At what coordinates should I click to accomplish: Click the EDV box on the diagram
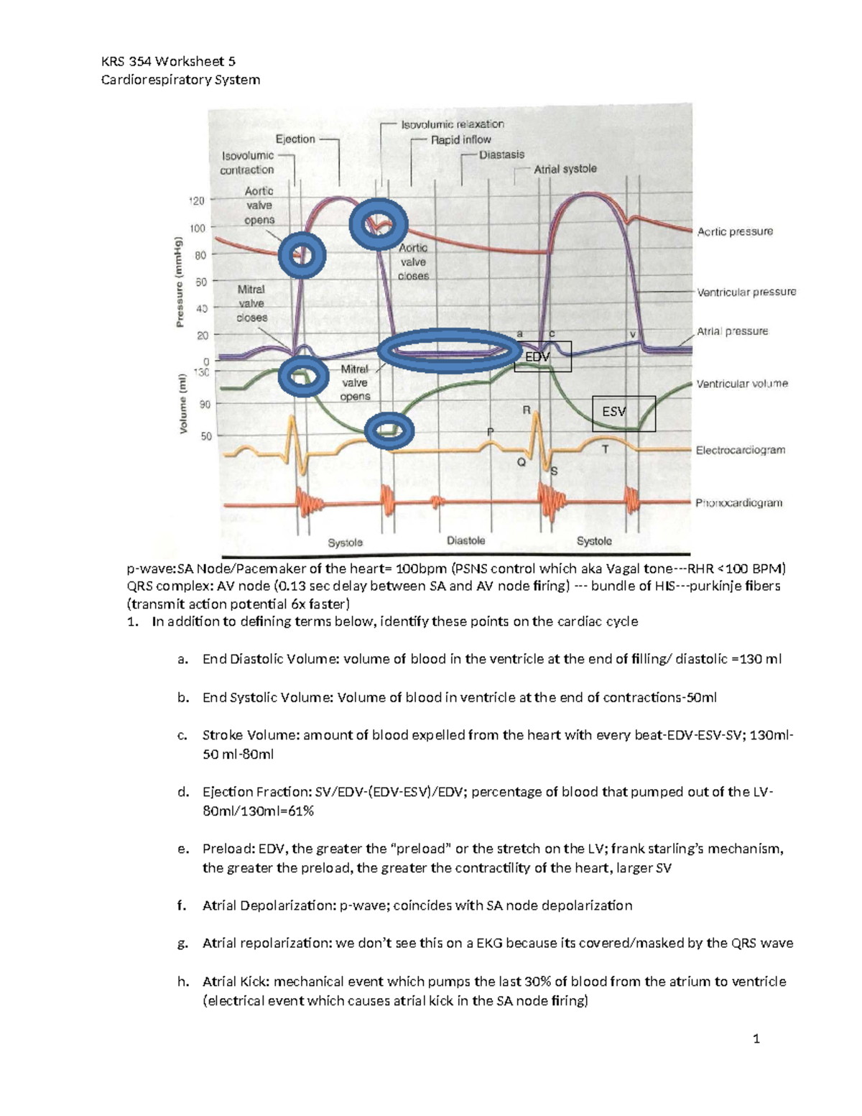click(542, 356)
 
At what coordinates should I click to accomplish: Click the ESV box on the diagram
click(623, 413)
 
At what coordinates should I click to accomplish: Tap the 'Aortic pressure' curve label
click(735, 231)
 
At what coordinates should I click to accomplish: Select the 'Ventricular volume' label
click(741, 384)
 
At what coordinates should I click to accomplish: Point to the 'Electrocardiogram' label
click(740, 451)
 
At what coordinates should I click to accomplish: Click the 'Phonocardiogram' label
click(738, 503)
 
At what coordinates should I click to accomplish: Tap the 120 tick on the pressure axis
click(197, 200)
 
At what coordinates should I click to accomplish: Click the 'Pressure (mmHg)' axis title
click(180, 282)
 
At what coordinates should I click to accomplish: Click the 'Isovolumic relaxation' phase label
click(452, 124)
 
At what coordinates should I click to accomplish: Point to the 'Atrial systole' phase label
click(565, 169)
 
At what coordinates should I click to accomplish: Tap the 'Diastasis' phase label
click(501, 155)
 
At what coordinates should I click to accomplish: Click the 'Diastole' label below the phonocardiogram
click(465, 540)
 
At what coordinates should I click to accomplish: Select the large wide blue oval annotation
click(450, 351)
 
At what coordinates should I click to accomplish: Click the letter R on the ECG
click(526, 410)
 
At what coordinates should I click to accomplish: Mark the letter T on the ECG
click(605, 449)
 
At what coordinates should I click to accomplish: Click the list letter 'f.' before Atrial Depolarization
click(182, 905)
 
